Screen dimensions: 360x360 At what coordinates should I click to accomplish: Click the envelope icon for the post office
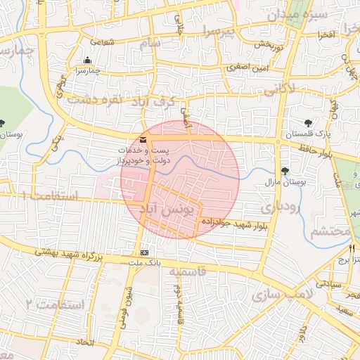(143, 140)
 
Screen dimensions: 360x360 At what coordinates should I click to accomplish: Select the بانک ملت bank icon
(145, 252)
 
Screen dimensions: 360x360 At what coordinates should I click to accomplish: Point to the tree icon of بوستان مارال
(285, 171)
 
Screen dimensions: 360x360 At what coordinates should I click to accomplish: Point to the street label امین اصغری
(243, 68)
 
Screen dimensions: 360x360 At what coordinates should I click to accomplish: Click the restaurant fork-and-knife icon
(352, 248)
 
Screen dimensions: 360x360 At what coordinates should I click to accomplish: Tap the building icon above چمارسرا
(87, 60)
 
